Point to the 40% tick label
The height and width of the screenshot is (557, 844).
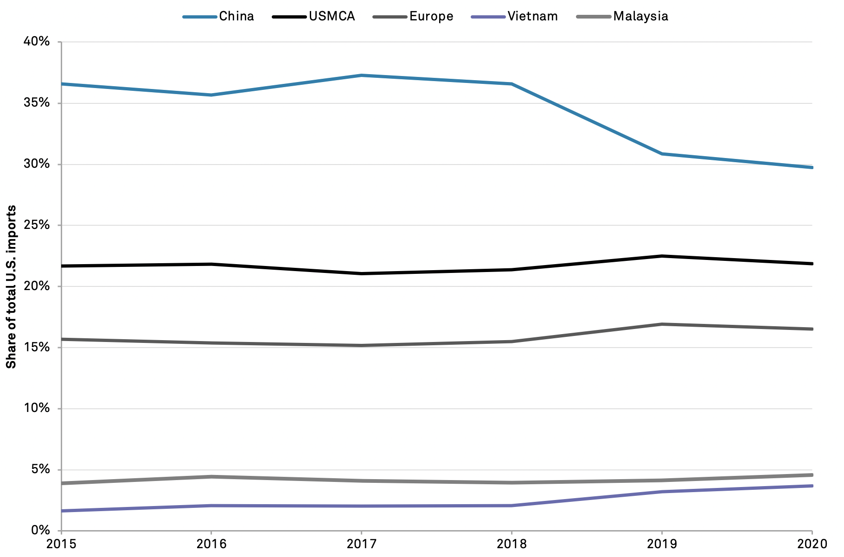(36, 42)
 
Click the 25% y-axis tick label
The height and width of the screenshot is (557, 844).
(36, 225)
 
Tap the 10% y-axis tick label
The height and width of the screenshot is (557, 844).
(36, 408)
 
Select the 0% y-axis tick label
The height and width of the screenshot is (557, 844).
(40, 530)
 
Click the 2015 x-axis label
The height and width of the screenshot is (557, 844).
(61, 544)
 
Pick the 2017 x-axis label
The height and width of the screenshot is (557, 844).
(361, 544)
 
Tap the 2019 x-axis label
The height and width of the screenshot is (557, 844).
(662, 544)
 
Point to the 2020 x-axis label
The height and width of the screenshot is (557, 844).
(812, 544)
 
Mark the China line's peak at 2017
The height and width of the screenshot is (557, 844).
(361, 75)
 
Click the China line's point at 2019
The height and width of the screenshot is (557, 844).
(662, 154)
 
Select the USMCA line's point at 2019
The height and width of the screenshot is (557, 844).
(662, 256)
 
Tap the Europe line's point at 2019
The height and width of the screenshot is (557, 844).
(662, 324)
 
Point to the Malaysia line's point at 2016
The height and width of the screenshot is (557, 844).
(211, 476)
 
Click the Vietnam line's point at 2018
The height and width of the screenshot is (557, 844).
(512, 506)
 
